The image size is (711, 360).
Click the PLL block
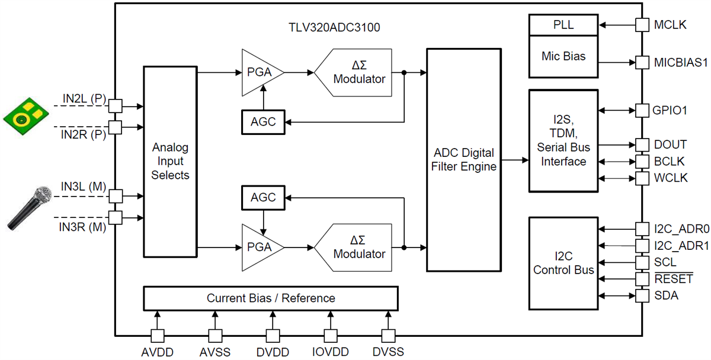(x=563, y=25)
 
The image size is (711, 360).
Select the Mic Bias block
(x=563, y=57)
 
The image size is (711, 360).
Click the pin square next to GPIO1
(x=642, y=110)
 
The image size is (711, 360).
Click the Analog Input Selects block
(x=170, y=161)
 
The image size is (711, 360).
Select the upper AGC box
(x=263, y=122)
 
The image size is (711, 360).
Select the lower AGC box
(x=263, y=197)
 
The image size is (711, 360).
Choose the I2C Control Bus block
(x=563, y=263)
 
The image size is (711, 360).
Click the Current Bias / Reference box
(x=270, y=298)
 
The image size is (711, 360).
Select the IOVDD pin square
(x=329, y=336)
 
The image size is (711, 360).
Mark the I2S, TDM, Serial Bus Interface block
(x=563, y=141)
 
